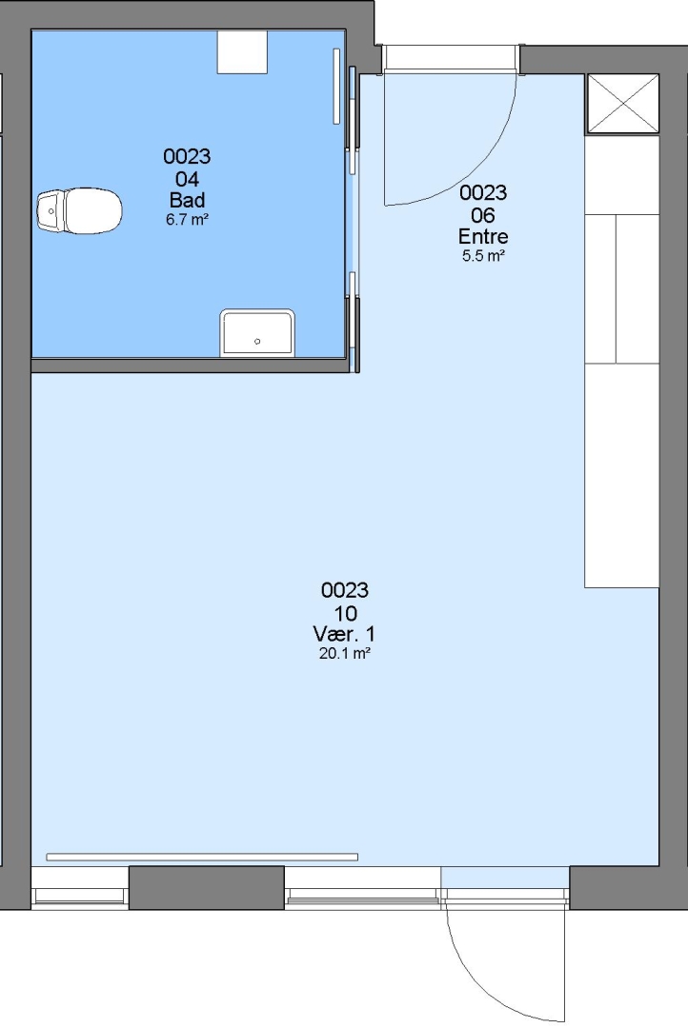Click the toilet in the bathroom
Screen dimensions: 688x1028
[x=79, y=211]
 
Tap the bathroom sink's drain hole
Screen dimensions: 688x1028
[x=257, y=342]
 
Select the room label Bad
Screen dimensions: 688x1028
[x=187, y=200]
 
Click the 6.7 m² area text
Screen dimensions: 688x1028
[x=187, y=220]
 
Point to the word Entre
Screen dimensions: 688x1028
[x=483, y=236]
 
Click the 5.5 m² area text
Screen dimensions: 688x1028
[x=483, y=256]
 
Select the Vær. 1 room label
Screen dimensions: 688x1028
[x=345, y=634]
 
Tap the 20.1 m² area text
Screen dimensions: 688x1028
[x=345, y=654]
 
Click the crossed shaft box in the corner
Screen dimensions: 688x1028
[x=622, y=105]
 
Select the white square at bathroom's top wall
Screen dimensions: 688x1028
[x=242, y=51]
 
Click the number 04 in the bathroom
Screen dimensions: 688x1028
[x=187, y=178]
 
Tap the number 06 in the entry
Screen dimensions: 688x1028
[x=483, y=215]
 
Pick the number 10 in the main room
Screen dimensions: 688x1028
[x=345, y=613]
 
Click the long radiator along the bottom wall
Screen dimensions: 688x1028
[x=202, y=857]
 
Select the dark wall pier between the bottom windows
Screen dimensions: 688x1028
[x=206, y=888]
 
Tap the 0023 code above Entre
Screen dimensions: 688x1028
[x=483, y=192]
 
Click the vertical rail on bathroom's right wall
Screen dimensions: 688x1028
[x=336, y=86]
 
